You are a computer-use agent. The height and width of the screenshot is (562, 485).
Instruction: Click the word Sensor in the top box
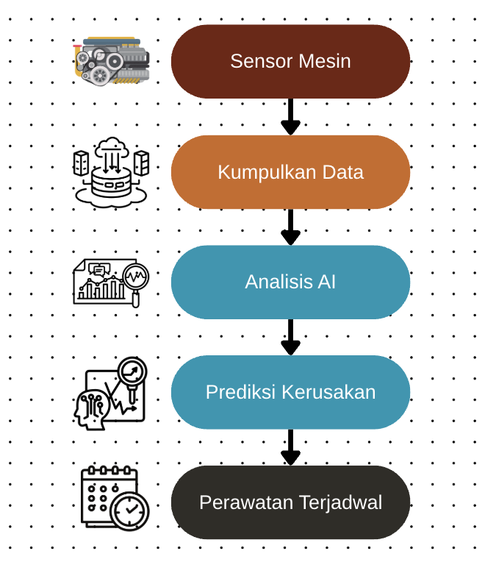click(262, 61)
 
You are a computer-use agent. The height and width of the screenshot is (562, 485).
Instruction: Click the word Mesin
click(325, 61)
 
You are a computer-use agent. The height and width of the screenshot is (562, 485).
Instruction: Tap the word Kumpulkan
click(267, 172)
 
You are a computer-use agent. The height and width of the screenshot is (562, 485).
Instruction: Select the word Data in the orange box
click(343, 172)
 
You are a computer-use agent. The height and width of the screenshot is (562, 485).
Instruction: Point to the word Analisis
click(279, 282)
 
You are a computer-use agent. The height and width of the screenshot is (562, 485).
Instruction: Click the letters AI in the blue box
click(327, 282)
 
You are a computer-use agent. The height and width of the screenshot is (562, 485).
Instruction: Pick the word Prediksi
click(240, 392)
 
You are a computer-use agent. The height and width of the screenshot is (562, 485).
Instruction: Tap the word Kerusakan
click(328, 392)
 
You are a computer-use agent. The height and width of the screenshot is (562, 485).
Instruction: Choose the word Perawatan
click(246, 502)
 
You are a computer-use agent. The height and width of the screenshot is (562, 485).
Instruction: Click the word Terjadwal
click(341, 503)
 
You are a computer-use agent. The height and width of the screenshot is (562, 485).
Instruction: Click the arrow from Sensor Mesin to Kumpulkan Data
click(291, 117)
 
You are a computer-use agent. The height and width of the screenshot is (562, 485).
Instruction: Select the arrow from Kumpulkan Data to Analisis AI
click(291, 227)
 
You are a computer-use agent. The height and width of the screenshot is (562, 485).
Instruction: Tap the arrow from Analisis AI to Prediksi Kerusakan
click(291, 337)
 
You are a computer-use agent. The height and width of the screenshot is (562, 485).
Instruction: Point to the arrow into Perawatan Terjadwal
click(291, 447)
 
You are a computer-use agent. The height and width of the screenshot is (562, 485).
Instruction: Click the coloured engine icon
click(111, 61)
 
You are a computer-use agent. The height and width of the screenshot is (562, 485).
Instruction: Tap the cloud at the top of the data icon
click(112, 146)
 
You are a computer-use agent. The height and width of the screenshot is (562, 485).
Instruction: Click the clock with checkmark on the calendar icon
click(129, 511)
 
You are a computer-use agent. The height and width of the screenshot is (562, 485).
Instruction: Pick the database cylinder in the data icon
click(111, 182)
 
